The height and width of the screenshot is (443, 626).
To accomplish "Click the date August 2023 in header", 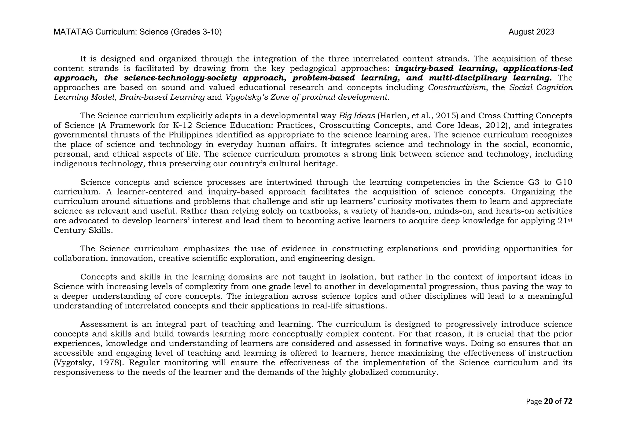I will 531,32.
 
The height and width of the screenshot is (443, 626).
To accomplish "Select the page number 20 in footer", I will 549,401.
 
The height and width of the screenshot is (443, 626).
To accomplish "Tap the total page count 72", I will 568,401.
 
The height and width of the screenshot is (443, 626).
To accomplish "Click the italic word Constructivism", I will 457,88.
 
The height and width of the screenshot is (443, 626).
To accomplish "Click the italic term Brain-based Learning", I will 162,97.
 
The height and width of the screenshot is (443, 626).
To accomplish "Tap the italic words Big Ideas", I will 357,116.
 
